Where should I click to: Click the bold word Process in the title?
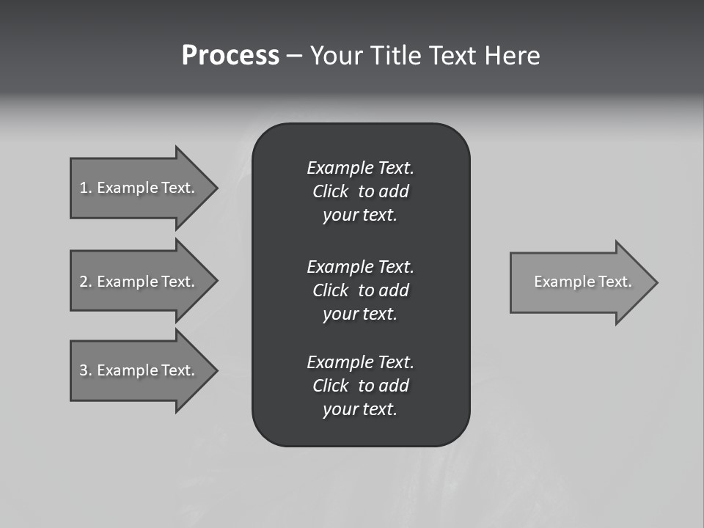pos(230,56)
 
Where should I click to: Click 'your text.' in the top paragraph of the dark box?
pos(360,215)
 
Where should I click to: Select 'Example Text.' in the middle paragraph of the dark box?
pos(360,266)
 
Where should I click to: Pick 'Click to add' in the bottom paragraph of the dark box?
pos(360,386)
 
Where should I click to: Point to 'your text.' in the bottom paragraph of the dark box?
pos(360,409)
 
